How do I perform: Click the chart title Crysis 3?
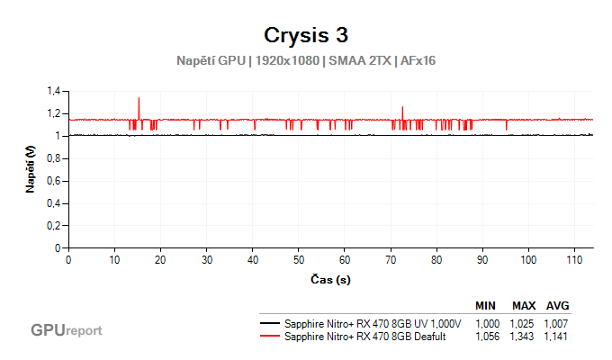pos(305,35)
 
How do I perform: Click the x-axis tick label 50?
pos(299,260)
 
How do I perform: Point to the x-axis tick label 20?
pos(161,260)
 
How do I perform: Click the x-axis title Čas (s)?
pos(329,280)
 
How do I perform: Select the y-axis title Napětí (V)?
pos(31,170)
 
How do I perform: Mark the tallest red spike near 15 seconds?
pos(139,98)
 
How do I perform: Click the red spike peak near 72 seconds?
pos(402,107)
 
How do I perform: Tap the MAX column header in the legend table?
pos(524,305)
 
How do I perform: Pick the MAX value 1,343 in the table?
pos(524,336)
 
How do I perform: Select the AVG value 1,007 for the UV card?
pos(556,323)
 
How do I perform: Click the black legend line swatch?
pos(268,323)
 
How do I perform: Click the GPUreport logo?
pos(66,330)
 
